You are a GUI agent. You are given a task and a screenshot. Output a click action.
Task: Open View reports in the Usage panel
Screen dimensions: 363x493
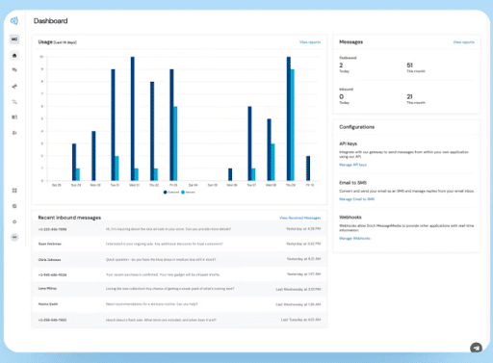309,42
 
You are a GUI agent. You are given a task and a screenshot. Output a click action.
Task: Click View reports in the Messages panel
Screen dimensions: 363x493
464,42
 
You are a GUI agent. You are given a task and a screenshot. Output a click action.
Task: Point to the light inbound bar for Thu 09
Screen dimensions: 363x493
293,123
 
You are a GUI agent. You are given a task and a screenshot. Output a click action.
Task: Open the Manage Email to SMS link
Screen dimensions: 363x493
358,198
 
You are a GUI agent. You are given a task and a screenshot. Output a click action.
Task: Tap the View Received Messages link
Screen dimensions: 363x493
299,219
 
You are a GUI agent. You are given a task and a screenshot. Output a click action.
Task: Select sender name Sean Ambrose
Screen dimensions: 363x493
51,245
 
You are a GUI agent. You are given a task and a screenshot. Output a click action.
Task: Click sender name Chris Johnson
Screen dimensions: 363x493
51,259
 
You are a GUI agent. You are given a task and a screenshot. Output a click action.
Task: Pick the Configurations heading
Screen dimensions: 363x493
356,127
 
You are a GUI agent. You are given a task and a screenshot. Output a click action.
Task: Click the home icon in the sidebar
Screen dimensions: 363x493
14,55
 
